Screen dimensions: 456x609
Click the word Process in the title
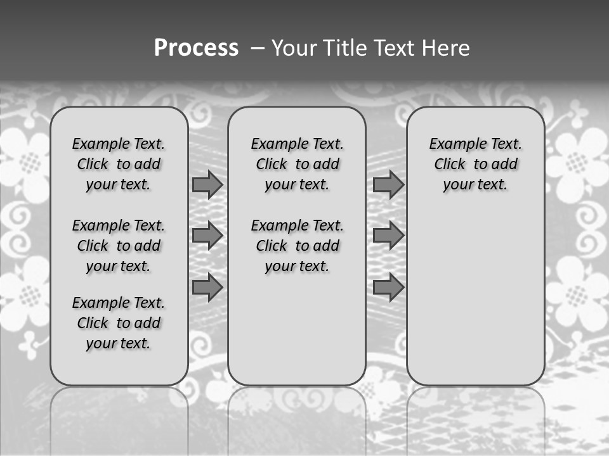pyautogui.click(x=195, y=48)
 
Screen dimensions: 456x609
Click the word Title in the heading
pyautogui.click(x=346, y=48)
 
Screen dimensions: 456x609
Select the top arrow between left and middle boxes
pyautogui.click(x=207, y=184)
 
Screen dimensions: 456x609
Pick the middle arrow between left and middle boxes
pyautogui.click(x=207, y=236)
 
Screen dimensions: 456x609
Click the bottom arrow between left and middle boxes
pyautogui.click(x=207, y=288)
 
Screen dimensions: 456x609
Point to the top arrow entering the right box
pyautogui.click(x=388, y=184)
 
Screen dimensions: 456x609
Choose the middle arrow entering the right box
pyautogui.click(x=388, y=236)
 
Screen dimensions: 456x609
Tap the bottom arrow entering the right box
pyautogui.click(x=388, y=288)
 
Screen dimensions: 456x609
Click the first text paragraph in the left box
pyautogui.click(x=119, y=164)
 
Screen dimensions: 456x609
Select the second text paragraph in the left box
pyautogui.click(x=119, y=246)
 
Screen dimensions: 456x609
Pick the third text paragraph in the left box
pyautogui.click(x=119, y=323)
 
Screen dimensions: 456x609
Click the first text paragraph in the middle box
pyautogui.click(x=298, y=164)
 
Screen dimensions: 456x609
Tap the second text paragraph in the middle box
pyautogui.click(x=298, y=246)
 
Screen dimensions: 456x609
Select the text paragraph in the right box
pyautogui.click(x=476, y=164)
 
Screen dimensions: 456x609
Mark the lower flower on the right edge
pyautogui.click(x=577, y=291)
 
